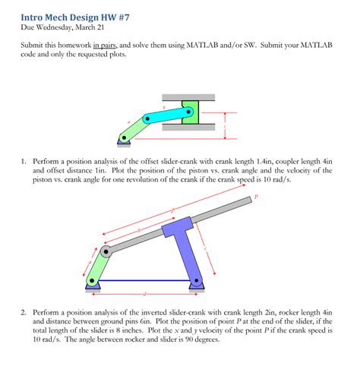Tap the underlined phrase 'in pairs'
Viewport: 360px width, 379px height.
click(108, 47)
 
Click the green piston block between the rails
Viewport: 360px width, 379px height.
click(189, 112)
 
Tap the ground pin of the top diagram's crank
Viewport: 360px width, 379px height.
click(123, 139)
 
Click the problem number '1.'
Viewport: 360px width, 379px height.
click(25, 161)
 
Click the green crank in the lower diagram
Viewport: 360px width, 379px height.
click(98, 266)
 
